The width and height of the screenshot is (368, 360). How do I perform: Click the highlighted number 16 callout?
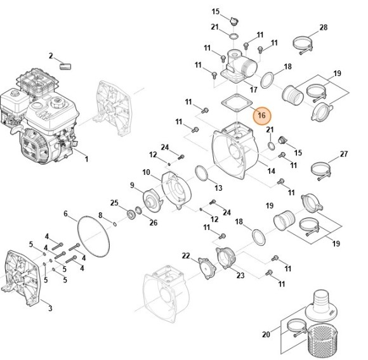[261, 117]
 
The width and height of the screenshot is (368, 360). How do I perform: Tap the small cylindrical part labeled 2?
[65, 65]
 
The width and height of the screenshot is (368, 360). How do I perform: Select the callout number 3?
[50, 309]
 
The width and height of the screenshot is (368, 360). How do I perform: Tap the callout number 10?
[146, 172]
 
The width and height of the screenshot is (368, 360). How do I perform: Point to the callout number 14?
[271, 171]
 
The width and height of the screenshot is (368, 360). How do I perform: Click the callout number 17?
[254, 89]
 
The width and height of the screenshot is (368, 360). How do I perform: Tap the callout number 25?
[115, 203]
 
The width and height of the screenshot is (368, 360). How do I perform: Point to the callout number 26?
[153, 222]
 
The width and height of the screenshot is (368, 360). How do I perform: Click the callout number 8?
[100, 215]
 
